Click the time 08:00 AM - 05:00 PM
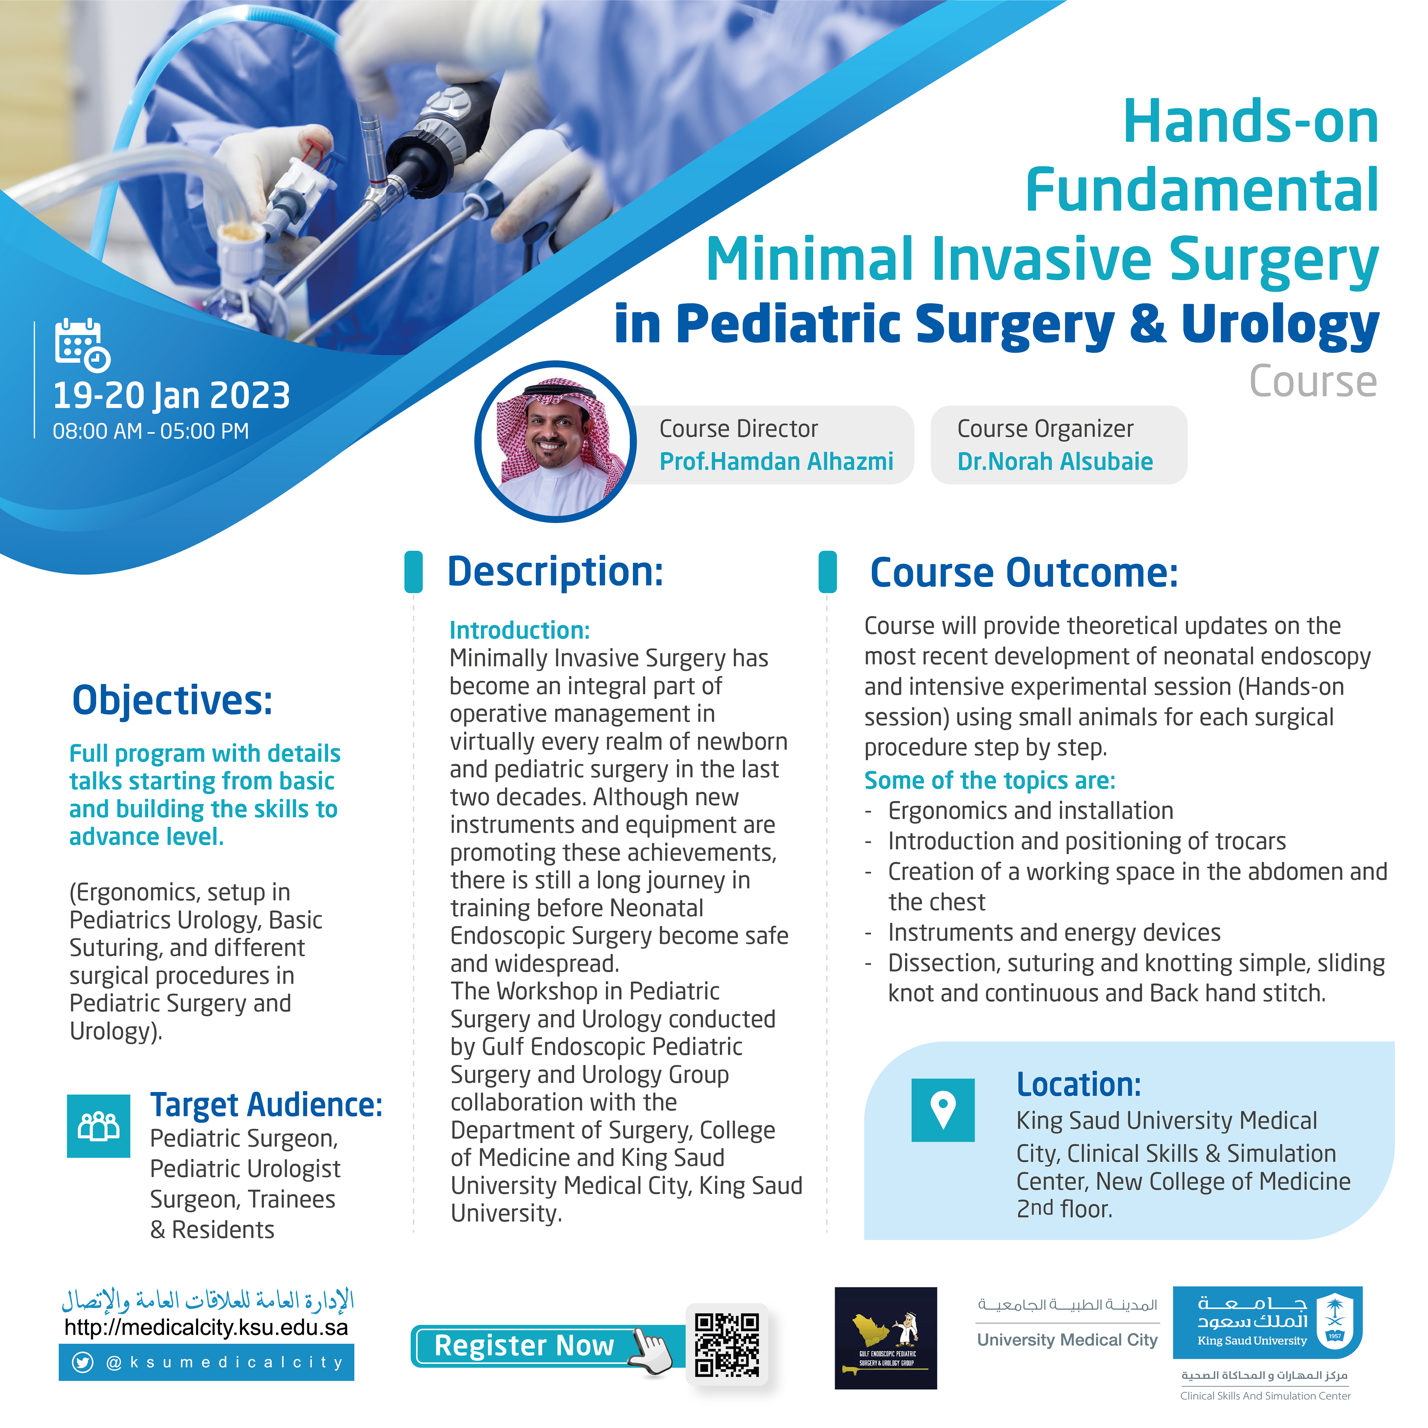pyautogui.click(x=151, y=432)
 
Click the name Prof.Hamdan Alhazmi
pyautogui.click(x=776, y=462)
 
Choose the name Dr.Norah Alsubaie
pyautogui.click(x=1055, y=462)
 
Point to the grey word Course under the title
pyautogui.click(x=1313, y=382)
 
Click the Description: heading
pyautogui.click(x=555, y=572)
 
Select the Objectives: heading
pyautogui.click(x=172, y=700)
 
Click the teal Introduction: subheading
pyautogui.click(x=519, y=630)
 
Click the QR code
pyautogui.click(x=727, y=1345)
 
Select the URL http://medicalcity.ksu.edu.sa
pyautogui.click(x=206, y=1327)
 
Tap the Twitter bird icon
pyautogui.click(x=83, y=1362)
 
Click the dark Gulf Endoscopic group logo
pyautogui.click(x=885, y=1338)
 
